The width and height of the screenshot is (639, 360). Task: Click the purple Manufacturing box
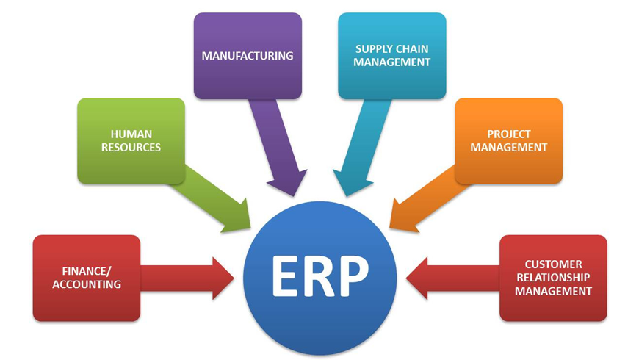pyautogui.click(x=248, y=56)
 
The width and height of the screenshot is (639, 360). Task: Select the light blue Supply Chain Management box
pyautogui.click(x=391, y=56)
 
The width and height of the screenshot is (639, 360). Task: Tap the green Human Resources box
pyautogui.click(x=131, y=140)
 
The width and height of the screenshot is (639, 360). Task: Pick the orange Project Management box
pyautogui.click(x=508, y=140)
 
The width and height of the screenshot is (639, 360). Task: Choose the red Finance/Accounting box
pyautogui.click(x=87, y=278)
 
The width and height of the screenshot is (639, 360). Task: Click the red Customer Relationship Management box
pyautogui.click(x=553, y=278)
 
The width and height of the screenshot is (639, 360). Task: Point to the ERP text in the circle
pyautogui.click(x=319, y=276)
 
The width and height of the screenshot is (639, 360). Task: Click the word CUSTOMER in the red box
pyautogui.click(x=553, y=264)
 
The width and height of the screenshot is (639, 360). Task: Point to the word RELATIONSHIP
pyautogui.click(x=553, y=278)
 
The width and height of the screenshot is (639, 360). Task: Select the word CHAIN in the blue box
pyautogui.click(x=412, y=49)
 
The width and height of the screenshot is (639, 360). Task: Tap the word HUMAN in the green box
pyautogui.click(x=131, y=134)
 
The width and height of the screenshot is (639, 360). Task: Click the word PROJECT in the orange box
pyautogui.click(x=508, y=134)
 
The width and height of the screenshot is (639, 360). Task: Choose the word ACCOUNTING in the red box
pyautogui.click(x=87, y=284)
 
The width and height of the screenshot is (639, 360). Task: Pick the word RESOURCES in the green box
pyautogui.click(x=131, y=147)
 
